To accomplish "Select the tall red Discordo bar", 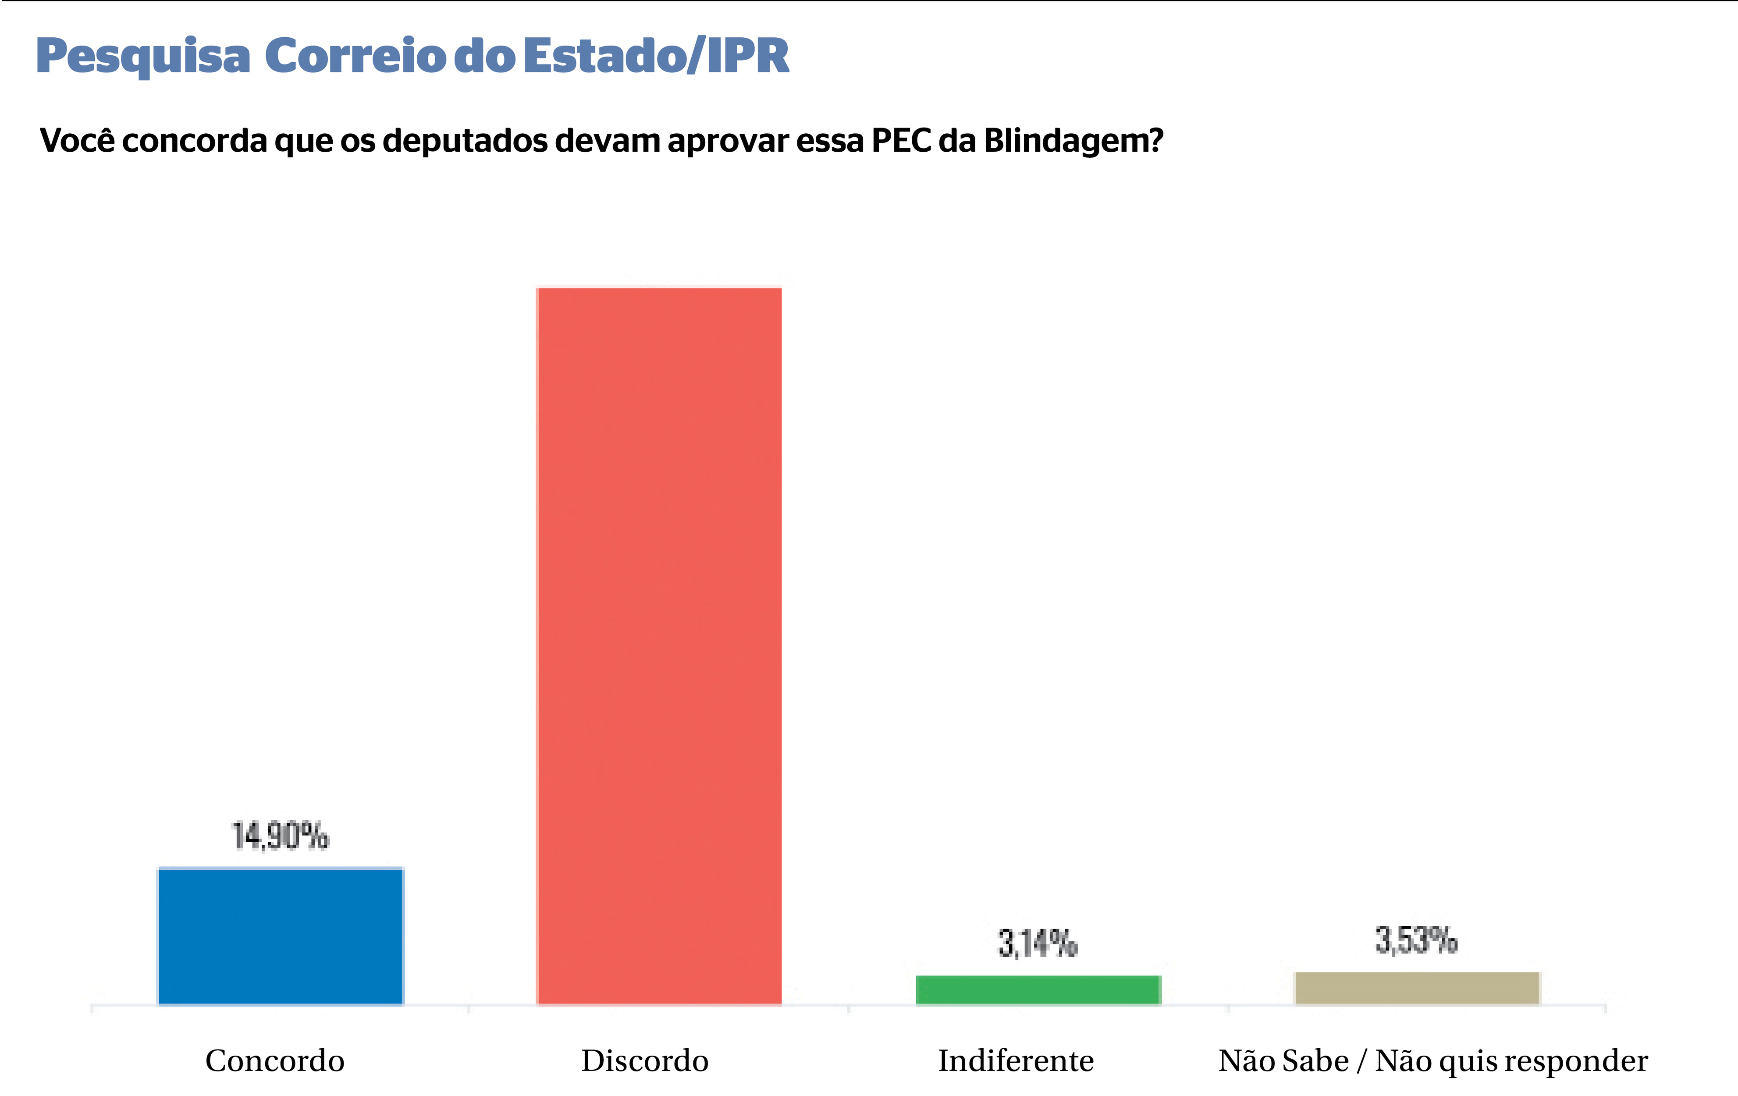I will [x=659, y=645].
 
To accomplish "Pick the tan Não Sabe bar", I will [x=1417, y=988].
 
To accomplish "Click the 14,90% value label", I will [x=280, y=836].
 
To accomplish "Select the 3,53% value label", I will [x=1416, y=940].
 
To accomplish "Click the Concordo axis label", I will [x=275, y=1060].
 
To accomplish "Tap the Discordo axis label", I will [x=644, y=1060].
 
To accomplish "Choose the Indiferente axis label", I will [x=1016, y=1060].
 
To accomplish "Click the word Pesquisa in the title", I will [x=143, y=56].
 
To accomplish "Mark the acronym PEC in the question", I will [x=902, y=140].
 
